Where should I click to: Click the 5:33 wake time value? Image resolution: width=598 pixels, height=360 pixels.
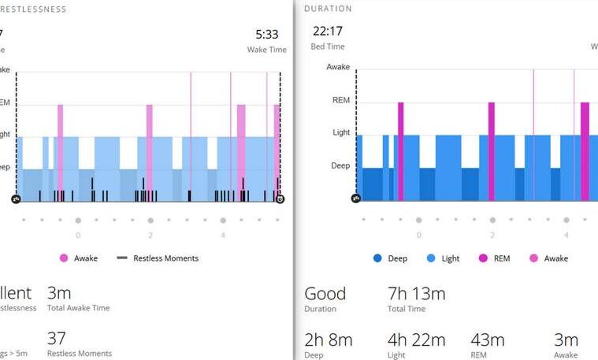(266, 35)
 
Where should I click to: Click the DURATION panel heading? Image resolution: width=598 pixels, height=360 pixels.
(328, 9)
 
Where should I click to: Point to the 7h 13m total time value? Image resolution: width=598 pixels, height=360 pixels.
(416, 294)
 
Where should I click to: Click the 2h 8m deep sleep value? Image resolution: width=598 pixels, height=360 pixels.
(328, 340)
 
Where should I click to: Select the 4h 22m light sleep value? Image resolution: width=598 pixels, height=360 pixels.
(416, 340)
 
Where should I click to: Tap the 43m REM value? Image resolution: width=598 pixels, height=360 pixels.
(488, 340)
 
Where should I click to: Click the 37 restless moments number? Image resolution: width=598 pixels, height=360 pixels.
(56, 339)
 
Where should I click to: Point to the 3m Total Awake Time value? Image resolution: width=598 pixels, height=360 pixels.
(59, 294)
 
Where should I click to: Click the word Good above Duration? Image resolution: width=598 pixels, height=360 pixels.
(325, 294)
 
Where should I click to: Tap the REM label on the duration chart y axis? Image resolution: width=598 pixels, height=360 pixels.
(340, 100)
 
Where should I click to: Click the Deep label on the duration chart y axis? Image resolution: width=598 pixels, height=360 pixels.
(340, 165)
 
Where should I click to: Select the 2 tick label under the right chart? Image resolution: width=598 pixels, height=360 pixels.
(492, 235)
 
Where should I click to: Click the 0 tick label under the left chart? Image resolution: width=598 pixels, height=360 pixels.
(78, 235)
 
